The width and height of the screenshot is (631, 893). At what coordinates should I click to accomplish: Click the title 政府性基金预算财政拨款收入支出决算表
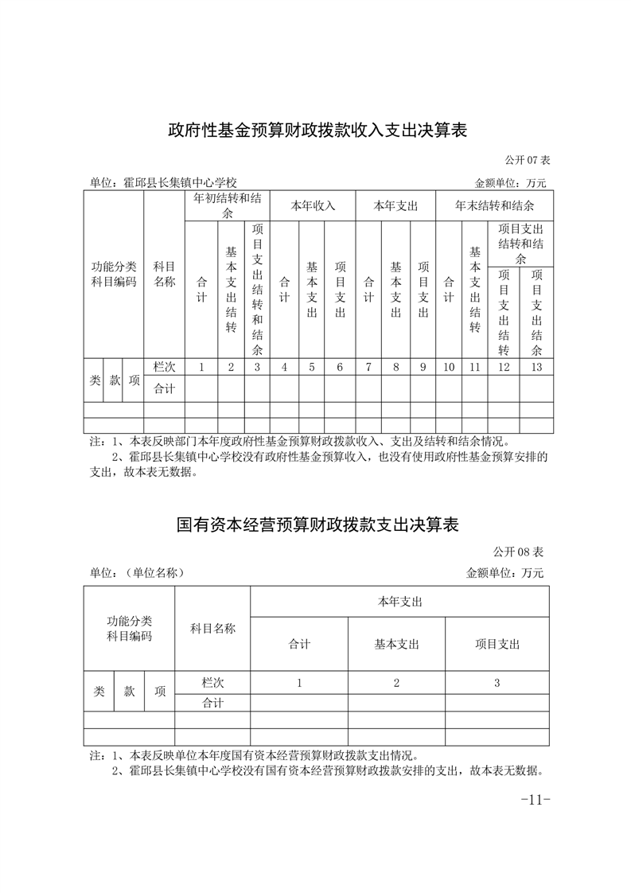pyautogui.click(x=316, y=131)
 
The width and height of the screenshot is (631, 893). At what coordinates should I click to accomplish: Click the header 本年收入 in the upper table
pyautogui.click(x=312, y=205)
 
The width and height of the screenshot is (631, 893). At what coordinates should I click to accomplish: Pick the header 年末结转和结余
pyautogui.click(x=494, y=205)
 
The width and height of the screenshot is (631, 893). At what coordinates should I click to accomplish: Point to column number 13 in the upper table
pyautogui.click(x=536, y=367)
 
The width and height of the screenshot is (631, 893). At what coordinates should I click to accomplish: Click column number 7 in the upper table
pyautogui.click(x=368, y=367)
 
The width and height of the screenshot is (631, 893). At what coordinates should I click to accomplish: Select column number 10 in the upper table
pyautogui.click(x=448, y=367)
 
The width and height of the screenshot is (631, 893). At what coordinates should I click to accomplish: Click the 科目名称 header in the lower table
pyautogui.click(x=212, y=628)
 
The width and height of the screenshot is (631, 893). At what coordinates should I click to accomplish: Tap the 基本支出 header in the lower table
pyautogui.click(x=396, y=644)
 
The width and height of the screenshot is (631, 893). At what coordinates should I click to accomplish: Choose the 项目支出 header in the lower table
pyautogui.click(x=497, y=644)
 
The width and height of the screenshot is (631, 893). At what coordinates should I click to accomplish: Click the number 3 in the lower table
pyautogui.click(x=497, y=683)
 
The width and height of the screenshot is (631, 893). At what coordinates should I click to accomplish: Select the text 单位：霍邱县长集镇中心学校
pyautogui.click(x=164, y=182)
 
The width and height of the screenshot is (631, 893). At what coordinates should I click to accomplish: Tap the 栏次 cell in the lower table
pyautogui.click(x=212, y=683)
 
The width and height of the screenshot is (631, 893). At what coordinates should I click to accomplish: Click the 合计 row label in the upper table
pyautogui.click(x=164, y=388)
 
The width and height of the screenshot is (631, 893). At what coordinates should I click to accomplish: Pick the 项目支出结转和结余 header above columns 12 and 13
pyautogui.click(x=520, y=244)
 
